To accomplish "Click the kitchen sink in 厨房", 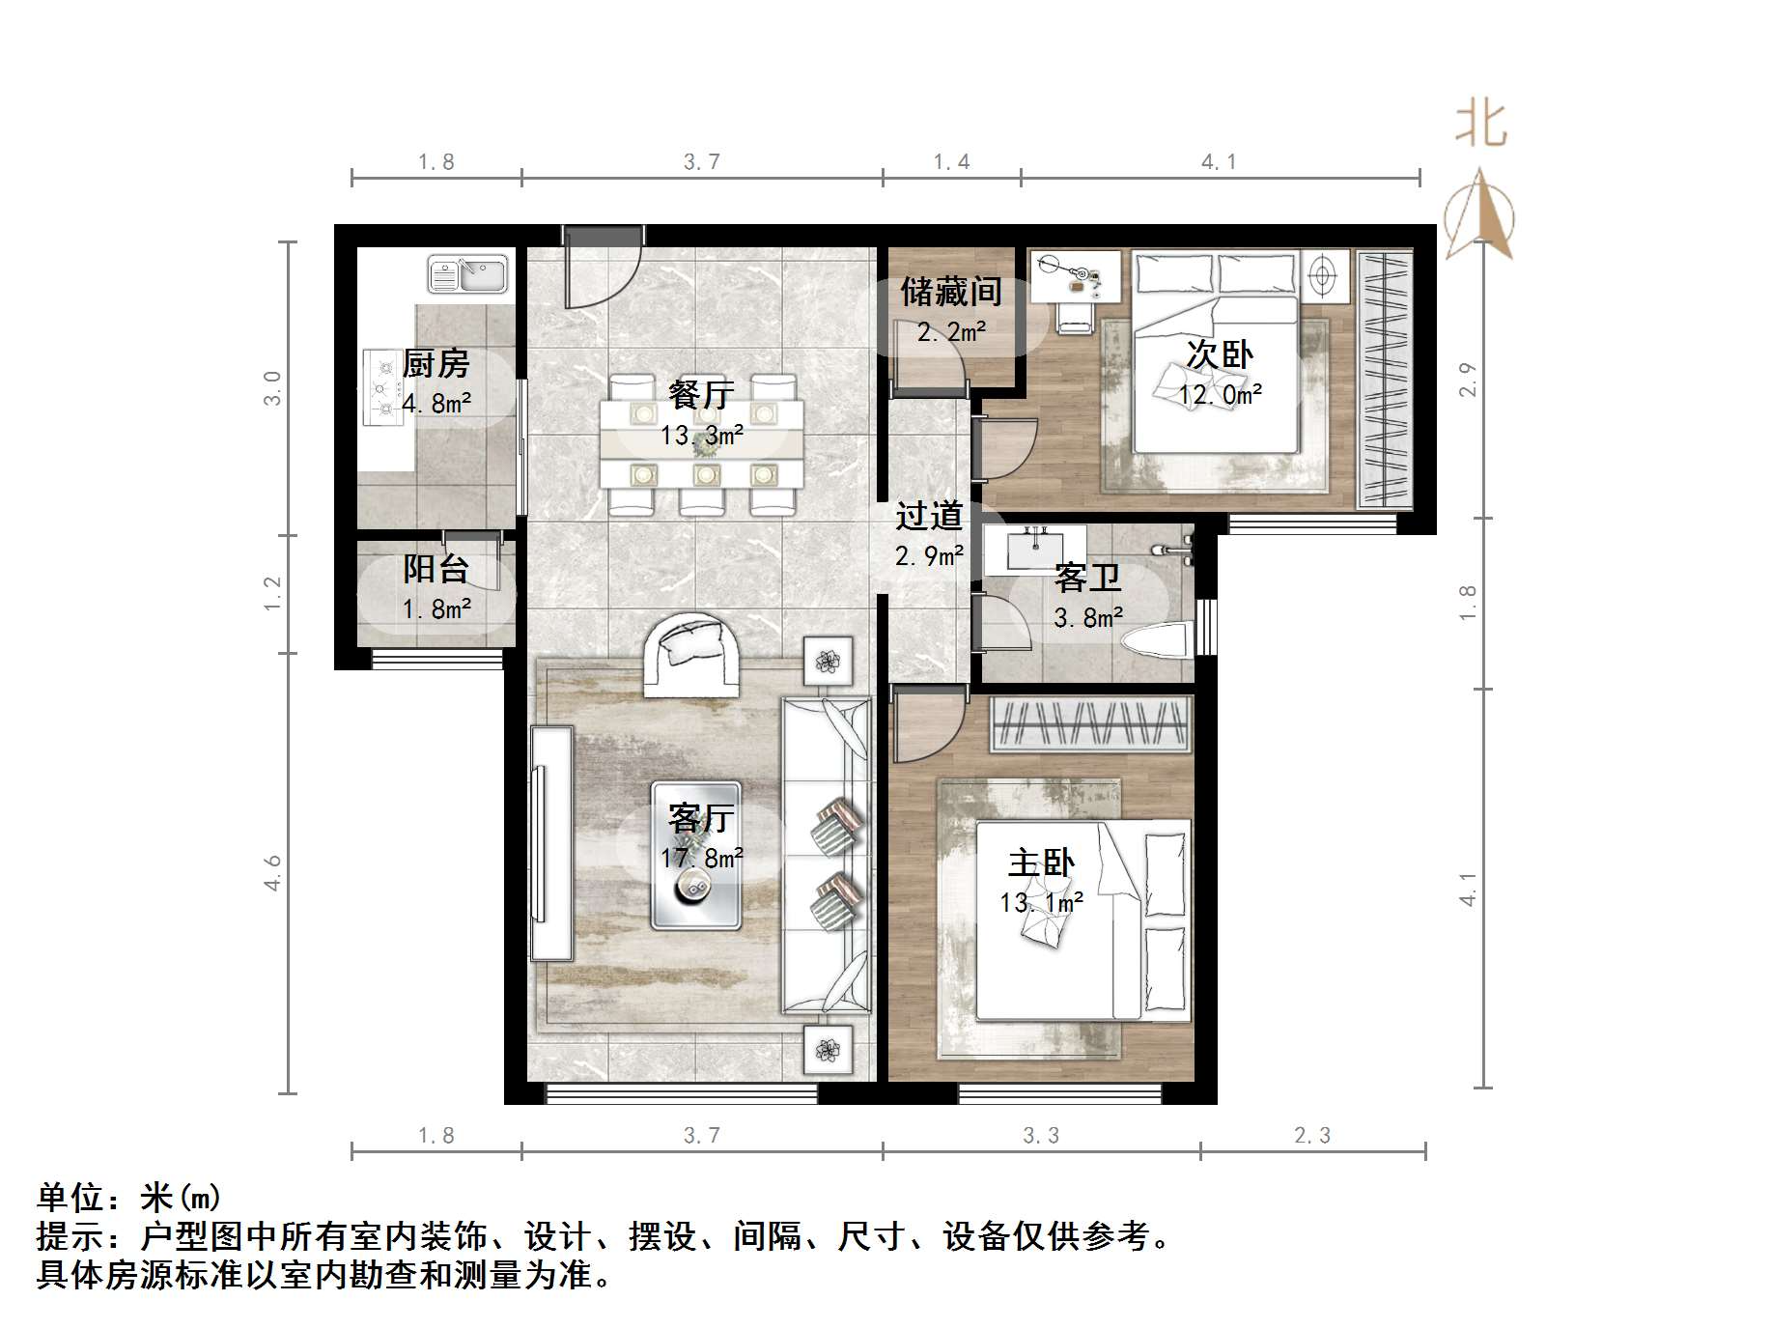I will click(x=467, y=274).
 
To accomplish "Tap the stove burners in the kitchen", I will click(x=381, y=388).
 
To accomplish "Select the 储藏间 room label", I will click(x=950, y=291).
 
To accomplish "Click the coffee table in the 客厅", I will click(x=695, y=856).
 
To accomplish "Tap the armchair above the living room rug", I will click(x=692, y=655).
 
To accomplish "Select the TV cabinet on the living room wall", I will click(x=551, y=843).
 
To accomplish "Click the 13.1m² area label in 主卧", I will click(x=1041, y=902).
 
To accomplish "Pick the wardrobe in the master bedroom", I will click(x=1091, y=723).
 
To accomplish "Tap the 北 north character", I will click(x=1480, y=126).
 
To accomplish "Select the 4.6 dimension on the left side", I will click(x=273, y=872).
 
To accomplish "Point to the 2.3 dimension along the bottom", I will click(x=1311, y=1136).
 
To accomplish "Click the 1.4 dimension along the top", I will click(x=951, y=162).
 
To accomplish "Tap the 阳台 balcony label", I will click(x=436, y=569).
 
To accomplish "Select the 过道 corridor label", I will click(x=928, y=516).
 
